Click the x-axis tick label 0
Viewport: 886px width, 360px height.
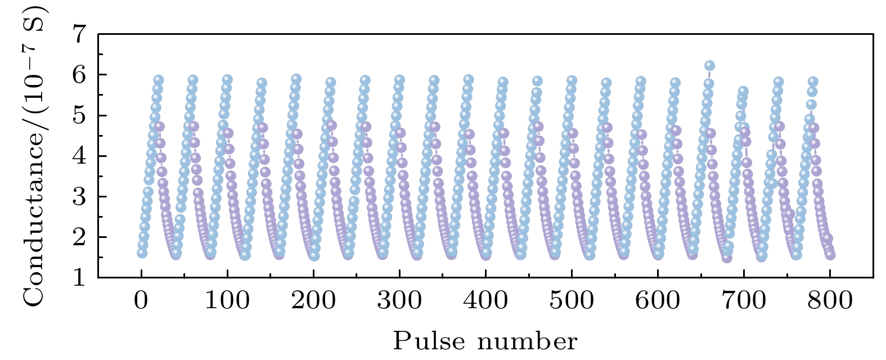[x=141, y=300]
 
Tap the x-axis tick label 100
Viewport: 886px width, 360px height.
[x=227, y=300]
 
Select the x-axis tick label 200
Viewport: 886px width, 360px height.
[x=313, y=300]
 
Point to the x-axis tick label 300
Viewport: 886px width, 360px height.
[x=399, y=300]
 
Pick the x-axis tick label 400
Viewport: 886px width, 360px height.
[x=485, y=300]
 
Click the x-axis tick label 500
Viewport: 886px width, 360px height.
[x=572, y=300]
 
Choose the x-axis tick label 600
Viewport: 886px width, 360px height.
[x=658, y=300]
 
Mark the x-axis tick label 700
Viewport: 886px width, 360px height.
[x=744, y=300]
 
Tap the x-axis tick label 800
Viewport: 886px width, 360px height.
[x=830, y=300]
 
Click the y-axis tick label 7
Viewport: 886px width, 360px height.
[x=81, y=34]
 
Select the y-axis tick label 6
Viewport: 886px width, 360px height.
[x=81, y=75]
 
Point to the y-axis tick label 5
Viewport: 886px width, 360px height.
[x=81, y=115]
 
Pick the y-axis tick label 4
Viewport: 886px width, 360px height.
[x=81, y=156]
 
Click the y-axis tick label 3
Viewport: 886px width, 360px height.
[x=81, y=196]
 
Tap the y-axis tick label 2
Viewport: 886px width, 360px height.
[x=81, y=237]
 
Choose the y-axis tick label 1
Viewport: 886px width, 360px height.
[x=81, y=277]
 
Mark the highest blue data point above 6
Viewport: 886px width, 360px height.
[x=709, y=66]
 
